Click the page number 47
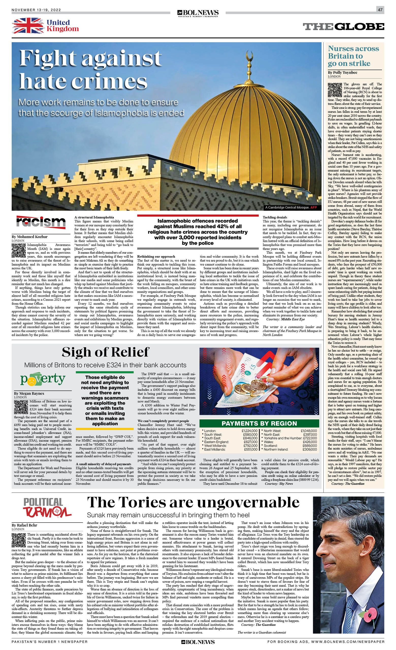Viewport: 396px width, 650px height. point(380,10)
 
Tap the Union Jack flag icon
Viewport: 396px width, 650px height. point(28,26)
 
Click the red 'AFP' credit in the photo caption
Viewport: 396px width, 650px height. point(313,207)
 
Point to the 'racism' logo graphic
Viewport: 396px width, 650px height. point(41,222)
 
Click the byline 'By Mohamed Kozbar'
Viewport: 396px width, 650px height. point(29,237)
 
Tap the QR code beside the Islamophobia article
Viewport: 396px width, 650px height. point(19,250)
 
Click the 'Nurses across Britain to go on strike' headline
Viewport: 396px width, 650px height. point(353,56)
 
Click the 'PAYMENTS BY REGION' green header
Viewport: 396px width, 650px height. point(259,423)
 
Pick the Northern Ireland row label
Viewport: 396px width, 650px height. point(276,449)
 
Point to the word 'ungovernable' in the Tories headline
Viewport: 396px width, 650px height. point(248,502)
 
